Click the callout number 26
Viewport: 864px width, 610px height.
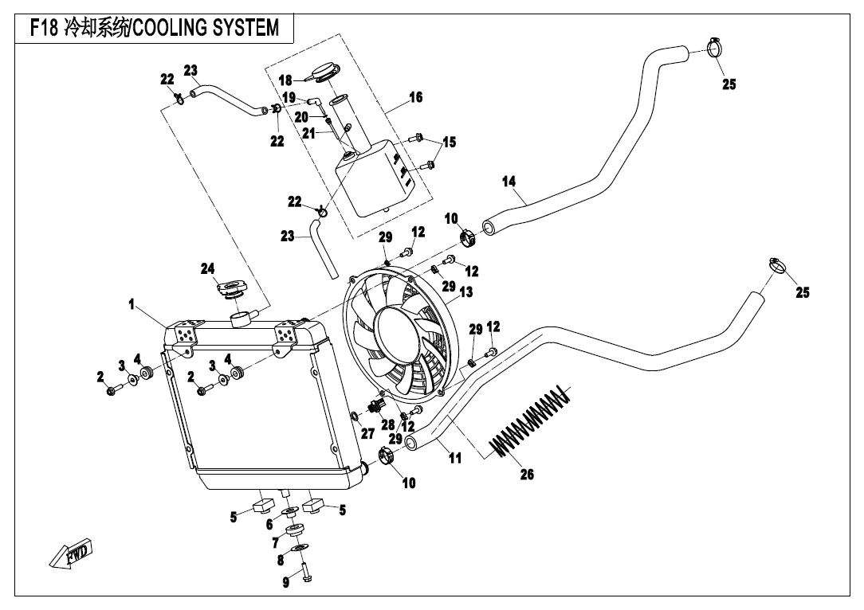pyautogui.click(x=527, y=474)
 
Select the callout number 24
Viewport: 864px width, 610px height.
pyautogui.click(x=207, y=268)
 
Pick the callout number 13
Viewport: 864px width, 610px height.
pyautogui.click(x=466, y=291)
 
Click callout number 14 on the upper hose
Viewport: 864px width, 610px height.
pyautogui.click(x=509, y=181)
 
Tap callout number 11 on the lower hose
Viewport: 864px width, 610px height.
pyautogui.click(x=454, y=457)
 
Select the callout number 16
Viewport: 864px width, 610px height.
pyautogui.click(x=415, y=97)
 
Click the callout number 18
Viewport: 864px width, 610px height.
pyautogui.click(x=285, y=80)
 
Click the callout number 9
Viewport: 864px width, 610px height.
pyautogui.click(x=285, y=582)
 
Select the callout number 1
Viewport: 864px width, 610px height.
pyautogui.click(x=132, y=304)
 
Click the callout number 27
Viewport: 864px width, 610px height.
pyautogui.click(x=367, y=434)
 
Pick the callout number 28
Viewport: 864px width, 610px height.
pyautogui.click(x=388, y=424)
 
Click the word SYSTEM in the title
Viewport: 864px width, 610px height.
pyautogui.click(x=245, y=27)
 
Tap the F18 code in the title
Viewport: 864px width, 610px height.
pyautogui.click(x=44, y=28)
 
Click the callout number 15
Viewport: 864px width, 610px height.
pyautogui.click(x=450, y=142)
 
